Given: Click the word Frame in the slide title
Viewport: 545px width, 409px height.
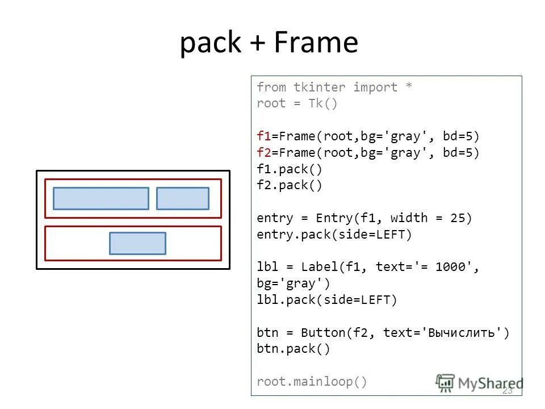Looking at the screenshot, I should point(316,43).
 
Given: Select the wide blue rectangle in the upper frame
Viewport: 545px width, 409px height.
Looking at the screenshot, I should point(101,199).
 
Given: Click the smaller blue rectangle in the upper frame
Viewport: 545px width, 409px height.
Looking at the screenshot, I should point(183,199).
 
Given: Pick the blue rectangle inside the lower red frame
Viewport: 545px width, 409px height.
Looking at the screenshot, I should point(137,243).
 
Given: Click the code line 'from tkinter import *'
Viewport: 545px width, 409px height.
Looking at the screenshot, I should point(334,87).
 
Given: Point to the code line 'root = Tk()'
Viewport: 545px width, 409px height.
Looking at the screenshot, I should point(297,104).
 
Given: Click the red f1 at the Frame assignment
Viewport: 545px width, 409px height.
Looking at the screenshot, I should point(263,136).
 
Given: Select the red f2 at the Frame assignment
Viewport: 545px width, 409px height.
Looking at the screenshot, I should point(263,153).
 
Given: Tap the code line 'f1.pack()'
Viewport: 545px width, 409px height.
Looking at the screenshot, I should point(290,169).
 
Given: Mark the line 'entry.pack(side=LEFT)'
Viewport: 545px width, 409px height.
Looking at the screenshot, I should point(334,235).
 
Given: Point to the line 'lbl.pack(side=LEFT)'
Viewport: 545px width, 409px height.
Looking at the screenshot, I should point(327,300).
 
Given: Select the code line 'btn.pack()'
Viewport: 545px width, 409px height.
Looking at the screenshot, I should point(293,349).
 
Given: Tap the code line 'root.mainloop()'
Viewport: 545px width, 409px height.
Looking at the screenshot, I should point(312,382).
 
